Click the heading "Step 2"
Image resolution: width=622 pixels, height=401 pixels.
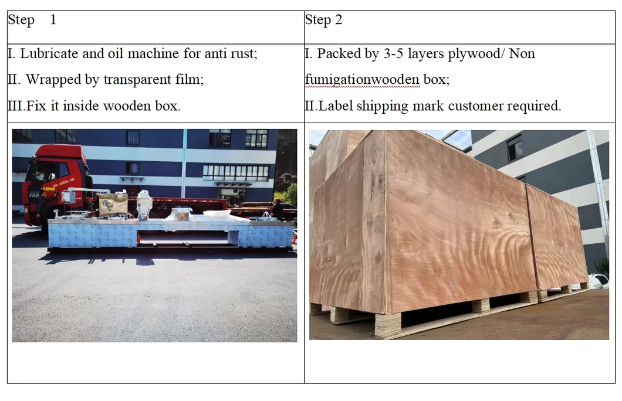(323, 21)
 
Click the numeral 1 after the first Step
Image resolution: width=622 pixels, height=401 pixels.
(53, 20)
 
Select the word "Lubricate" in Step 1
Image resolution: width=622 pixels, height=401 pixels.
(49, 54)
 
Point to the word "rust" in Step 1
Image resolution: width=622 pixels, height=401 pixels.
(242, 54)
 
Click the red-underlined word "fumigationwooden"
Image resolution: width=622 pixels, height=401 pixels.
(362, 80)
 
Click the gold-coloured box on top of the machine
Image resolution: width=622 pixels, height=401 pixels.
(113, 205)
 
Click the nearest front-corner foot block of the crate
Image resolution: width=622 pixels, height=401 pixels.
(387, 325)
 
